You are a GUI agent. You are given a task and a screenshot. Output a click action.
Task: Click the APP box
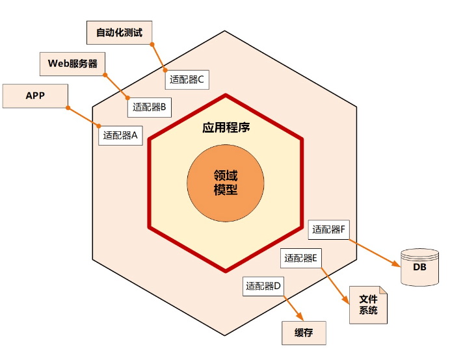(x=35, y=96)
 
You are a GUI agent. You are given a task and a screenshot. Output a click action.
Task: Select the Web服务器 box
(x=72, y=64)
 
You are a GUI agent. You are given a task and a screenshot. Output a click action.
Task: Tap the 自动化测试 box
(x=119, y=31)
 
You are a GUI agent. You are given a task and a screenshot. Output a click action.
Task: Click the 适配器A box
(x=120, y=135)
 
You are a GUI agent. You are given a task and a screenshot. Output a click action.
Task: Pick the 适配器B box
(x=149, y=107)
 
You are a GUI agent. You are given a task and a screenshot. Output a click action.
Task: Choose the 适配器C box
(x=187, y=80)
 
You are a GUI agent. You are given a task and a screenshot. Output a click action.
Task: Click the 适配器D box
(x=263, y=285)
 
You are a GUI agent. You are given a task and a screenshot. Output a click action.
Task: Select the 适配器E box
(x=300, y=258)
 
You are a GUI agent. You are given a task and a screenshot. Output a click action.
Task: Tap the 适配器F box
(x=330, y=229)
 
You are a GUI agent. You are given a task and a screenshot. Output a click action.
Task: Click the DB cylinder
(x=419, y=267)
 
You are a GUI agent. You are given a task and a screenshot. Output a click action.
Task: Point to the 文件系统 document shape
(x=368, y=305)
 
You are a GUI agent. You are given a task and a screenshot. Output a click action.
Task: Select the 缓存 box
(x=304, y=333)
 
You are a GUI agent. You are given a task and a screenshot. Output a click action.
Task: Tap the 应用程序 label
(x=226, y=127)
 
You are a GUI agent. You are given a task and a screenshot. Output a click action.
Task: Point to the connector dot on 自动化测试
(x=152, y=44)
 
